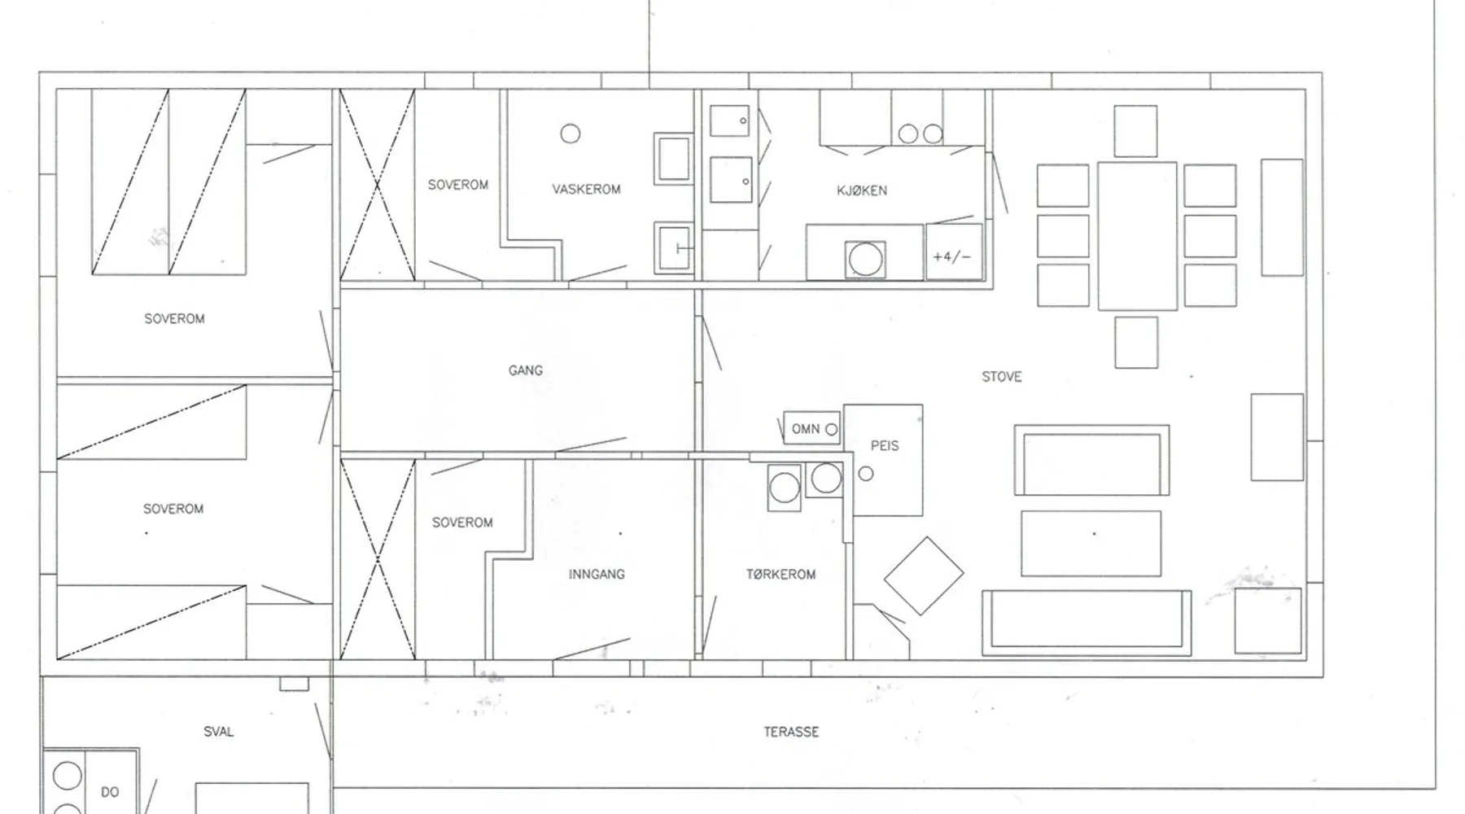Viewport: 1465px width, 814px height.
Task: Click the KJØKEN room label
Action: [x=862, y=190]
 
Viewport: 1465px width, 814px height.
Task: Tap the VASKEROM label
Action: [x=586, y=190]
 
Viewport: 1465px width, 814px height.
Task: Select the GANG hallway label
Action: [x=526, y=370]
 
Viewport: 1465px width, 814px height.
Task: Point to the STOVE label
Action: [x=1001, y=377]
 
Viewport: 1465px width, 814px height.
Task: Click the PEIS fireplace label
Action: [x=885, y=446]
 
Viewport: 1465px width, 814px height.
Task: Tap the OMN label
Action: [x=806, y=429]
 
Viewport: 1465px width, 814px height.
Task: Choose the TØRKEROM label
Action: [x=781, y=575]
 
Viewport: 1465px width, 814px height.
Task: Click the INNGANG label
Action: [x=597, y=575]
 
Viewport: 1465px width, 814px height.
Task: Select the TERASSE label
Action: [x=791, y=732]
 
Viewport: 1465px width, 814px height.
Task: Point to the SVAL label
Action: [x=218, y=732]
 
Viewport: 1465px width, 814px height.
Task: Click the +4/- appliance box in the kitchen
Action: [x=954, y=253]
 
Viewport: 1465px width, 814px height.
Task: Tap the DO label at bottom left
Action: [x=110, y=792]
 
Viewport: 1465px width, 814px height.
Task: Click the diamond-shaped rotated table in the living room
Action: [x=924, y=575]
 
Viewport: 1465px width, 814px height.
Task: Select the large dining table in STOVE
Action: [x=1137, y=236]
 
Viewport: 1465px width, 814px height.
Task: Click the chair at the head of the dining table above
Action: [x=1135, y=131]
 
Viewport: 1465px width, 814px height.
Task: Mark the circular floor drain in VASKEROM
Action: [x=571, y=133]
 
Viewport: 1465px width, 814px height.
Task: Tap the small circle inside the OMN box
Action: [x=831, y=430]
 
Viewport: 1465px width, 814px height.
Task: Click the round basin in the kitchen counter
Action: [x=864, y=260]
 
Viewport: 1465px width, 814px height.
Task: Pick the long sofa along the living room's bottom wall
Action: [x=1087, y=623]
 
